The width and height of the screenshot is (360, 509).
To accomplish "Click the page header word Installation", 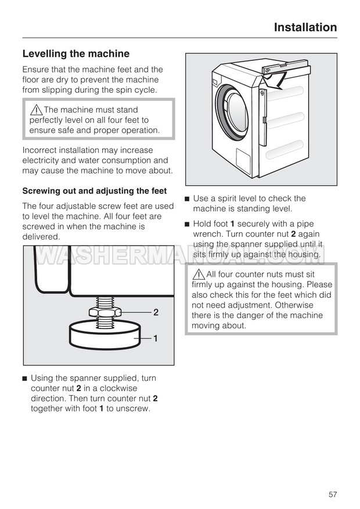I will [305, 27].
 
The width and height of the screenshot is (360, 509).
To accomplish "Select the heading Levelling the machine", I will [75, 54].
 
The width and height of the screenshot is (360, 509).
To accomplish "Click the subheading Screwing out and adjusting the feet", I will [94, 191].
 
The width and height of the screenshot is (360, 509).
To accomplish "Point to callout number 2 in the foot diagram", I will [156, 312].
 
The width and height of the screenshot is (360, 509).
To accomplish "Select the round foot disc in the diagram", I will [106, 337].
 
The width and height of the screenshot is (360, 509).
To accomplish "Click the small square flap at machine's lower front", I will [243, 158].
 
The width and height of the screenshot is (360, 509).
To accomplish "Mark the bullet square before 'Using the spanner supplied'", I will [25, 378].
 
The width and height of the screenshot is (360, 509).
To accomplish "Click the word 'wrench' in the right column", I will [207, 234].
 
